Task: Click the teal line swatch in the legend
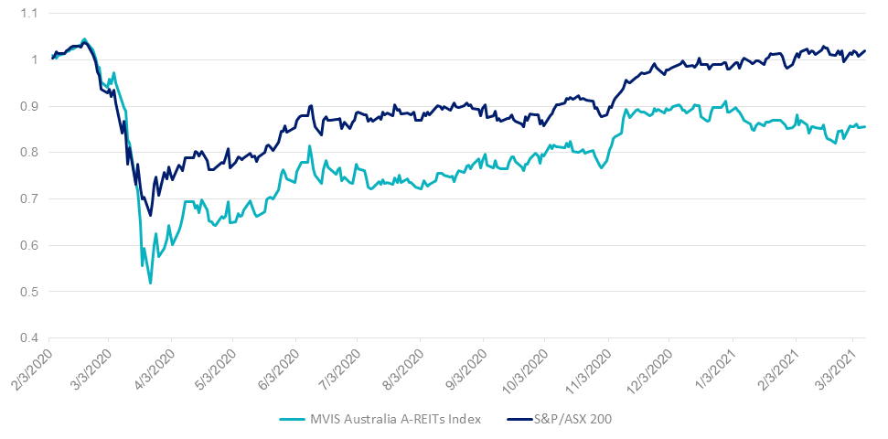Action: (294, 419)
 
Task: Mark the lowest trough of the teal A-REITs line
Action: (150, 284)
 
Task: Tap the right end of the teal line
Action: (866, 127)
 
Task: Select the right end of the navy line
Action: (866, 50)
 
